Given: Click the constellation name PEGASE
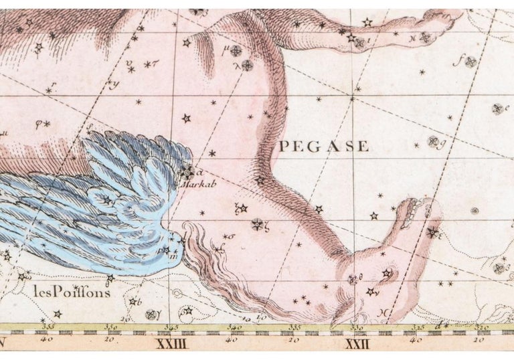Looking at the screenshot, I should (x=324, y=146).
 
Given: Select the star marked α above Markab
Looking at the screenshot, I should (x=188, y=170).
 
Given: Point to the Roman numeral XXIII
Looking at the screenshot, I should (x=167, y=345).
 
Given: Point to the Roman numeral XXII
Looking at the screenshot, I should (x=355, y=345).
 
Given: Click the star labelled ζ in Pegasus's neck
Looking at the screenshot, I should (x=257, y=224).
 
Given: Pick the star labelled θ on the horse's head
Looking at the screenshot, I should (x=353, y=279).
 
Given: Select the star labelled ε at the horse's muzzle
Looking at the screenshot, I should (x=432, y=232).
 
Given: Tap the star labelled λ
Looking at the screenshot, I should (x=248, y=65).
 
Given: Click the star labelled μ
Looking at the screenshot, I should (x=236, y=51).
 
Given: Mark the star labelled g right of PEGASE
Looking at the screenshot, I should (x=433, y=141).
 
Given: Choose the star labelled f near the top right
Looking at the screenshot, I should (x=471, y=62).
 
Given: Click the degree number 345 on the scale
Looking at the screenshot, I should (x=172, y=327).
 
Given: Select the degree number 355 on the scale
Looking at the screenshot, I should (x=49, y=327).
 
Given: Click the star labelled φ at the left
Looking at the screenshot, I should (x=47, y=124).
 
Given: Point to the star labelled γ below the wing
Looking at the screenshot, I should (x=151, y=314).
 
